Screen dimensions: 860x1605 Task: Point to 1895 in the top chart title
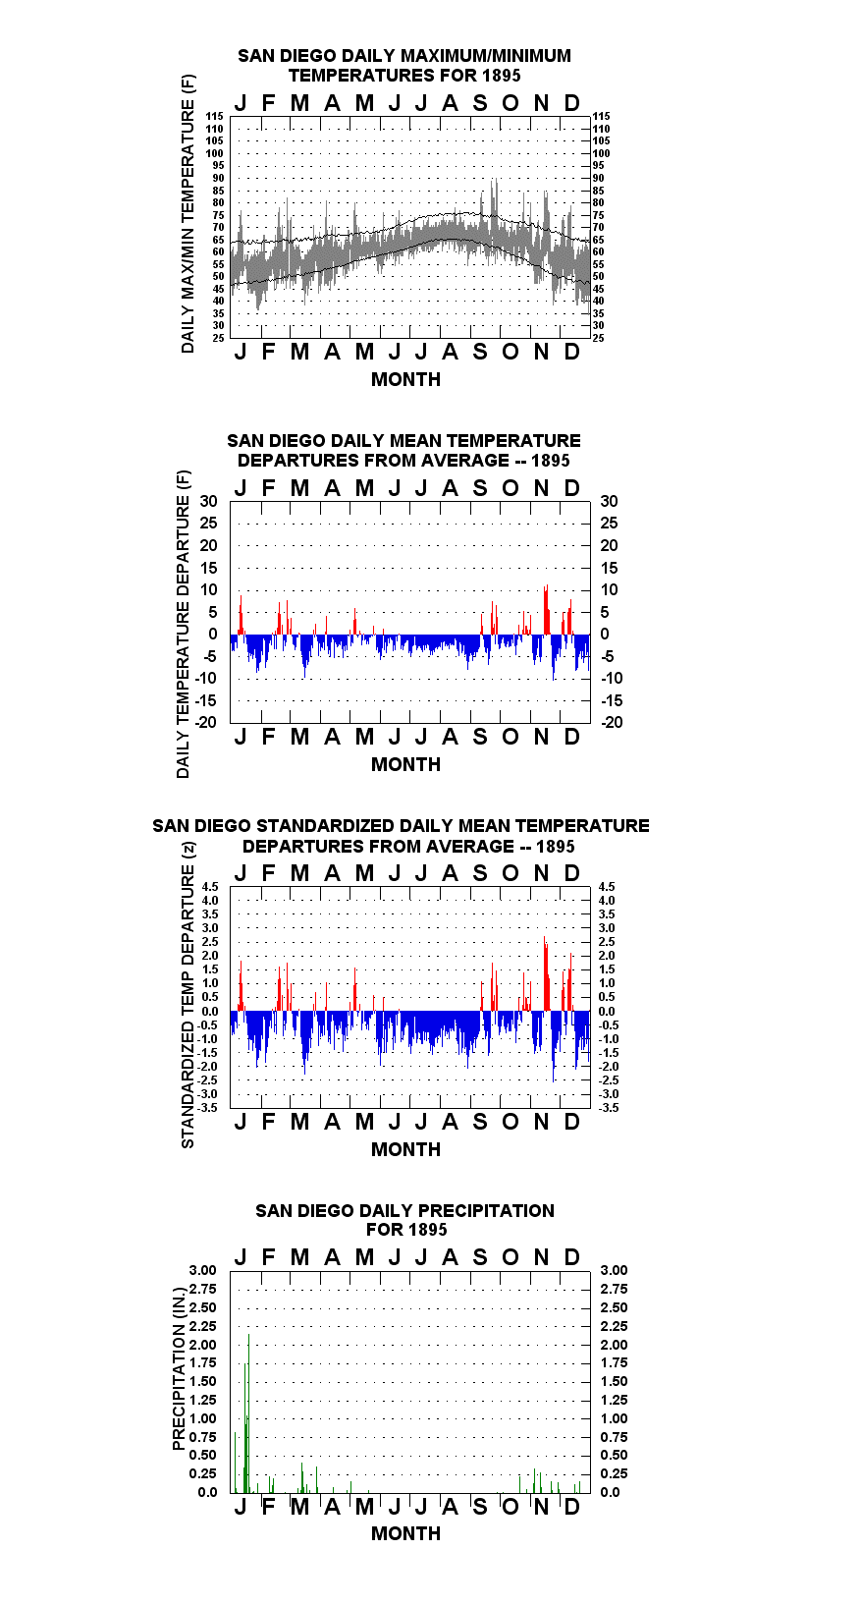[x=502, y=76]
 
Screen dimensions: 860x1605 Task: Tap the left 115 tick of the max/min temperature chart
[x=215, y=116]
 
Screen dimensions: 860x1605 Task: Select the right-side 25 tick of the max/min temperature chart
[x=598, y=338]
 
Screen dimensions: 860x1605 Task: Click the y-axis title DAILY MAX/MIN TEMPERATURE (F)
[x=188, y=213]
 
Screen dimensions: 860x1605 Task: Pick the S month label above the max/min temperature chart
[x=480, y=104]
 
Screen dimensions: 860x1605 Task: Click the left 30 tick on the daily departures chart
[x=208, y=502]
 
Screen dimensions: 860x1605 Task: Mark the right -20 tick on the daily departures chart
[x=612, y=722]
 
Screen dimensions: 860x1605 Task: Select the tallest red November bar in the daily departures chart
[x=547, y=610]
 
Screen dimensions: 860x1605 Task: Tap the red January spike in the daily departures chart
[x=241, y=615]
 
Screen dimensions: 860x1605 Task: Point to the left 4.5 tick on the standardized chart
[x=210, y=887]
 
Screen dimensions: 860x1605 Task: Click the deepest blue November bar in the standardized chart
[x=554, y=1047]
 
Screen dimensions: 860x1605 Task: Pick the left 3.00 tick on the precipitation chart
[x=202, y=1270]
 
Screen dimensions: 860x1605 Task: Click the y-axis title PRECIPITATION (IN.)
[x=179, y=1368]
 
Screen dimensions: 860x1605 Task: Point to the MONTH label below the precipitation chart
[x=406, y=1533]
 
